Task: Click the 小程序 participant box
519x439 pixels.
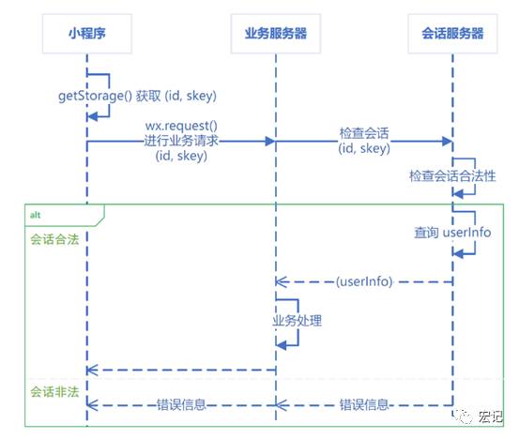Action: click(87, 34)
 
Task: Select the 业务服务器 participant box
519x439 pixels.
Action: click(276, 34)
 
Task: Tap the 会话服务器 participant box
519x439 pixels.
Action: click(452, 34)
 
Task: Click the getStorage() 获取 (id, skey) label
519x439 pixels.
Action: click(137, 96)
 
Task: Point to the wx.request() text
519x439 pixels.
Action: click(181, 126)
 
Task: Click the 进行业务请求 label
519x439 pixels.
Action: click(181, 141)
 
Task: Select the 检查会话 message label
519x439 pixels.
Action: click(364, 133)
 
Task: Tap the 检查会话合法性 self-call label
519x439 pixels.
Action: click(452, 175)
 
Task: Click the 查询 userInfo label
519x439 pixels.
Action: click(452, 233)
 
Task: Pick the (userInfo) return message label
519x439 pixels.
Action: click(364, 281)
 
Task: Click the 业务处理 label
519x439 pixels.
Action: click(298, 321)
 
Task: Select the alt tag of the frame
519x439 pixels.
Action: click(36, 215)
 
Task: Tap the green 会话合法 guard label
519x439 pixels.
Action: click(54, 239)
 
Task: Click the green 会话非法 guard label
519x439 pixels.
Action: click(54, 392)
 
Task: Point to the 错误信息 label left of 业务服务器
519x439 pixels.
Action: click(181, 404)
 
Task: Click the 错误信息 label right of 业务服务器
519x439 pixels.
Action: click(364, 404)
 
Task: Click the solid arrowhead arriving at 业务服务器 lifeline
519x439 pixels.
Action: click(270, 142)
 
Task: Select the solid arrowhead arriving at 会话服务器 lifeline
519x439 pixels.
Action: click(448, 142)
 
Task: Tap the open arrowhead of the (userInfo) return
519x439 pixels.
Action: click(281, 282)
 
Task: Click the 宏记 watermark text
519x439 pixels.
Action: click(490, 416)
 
